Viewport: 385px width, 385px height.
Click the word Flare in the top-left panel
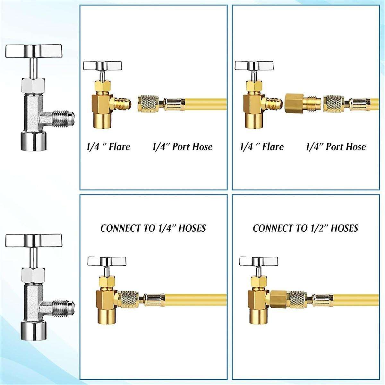click(119, 147)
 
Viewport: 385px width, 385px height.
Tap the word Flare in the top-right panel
click(272, 147)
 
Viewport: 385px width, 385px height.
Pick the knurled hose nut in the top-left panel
click(149, 104)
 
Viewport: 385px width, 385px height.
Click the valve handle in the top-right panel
click(251, 65)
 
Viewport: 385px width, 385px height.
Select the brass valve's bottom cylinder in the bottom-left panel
click(104, 321)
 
